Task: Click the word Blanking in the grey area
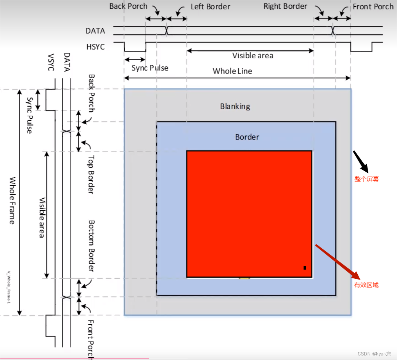click(235, 106)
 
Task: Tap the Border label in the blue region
click(247, 137)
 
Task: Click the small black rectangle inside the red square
click(305, 268)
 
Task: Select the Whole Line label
click(232, 71)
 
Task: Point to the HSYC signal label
click(95, 47)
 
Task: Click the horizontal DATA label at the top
click(95, 31)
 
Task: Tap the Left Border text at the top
click(211, 7)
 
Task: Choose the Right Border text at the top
click(285, 6)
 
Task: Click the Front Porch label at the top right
click(373, 6)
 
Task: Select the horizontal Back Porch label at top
click(128, 6)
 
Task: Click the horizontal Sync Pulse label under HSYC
click(150, 68)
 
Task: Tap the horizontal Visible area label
click(253, 56)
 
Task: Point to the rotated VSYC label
click(51, 63)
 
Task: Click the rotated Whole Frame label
click(12, 200)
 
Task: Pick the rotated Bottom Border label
click(91, 246)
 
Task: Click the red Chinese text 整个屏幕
click(366, 179)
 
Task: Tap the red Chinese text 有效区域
click(366, 285)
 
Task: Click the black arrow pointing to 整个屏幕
click(360, 161)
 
